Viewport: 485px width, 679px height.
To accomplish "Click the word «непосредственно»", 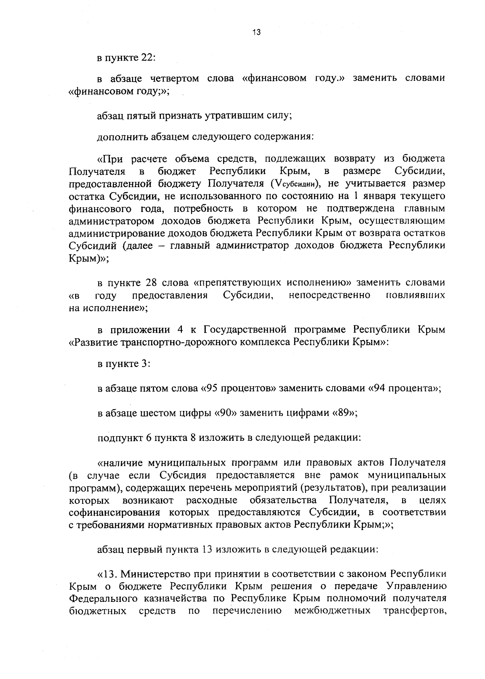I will coord(330,295).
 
